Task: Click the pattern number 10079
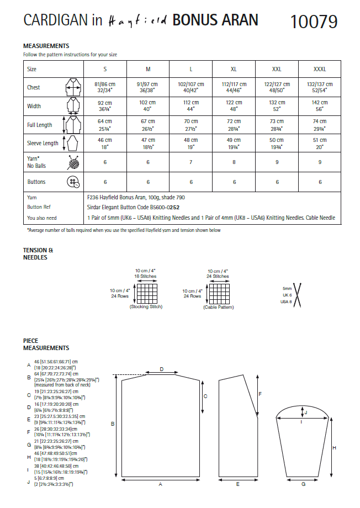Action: coord(313,22)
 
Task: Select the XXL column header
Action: coord(277,70)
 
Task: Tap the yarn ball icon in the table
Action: coord(72,162)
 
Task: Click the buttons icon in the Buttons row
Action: coord(72,182)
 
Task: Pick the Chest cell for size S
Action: coord(105,87)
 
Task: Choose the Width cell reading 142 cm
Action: coord(319,105)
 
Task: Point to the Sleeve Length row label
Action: coord(43,143)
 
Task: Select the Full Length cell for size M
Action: coord(148,125)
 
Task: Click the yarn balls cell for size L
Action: coord(191,162)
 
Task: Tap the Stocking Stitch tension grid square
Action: coord(147,293)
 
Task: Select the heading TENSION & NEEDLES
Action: coord(38,253)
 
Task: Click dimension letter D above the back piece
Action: coord(161,369)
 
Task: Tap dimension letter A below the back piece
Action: coord(160,484)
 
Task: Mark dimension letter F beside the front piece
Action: coord(260,394)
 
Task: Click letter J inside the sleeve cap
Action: coord(306,412)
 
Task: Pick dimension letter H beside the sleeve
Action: coord(334,448)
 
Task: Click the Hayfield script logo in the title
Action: coord(138,21)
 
